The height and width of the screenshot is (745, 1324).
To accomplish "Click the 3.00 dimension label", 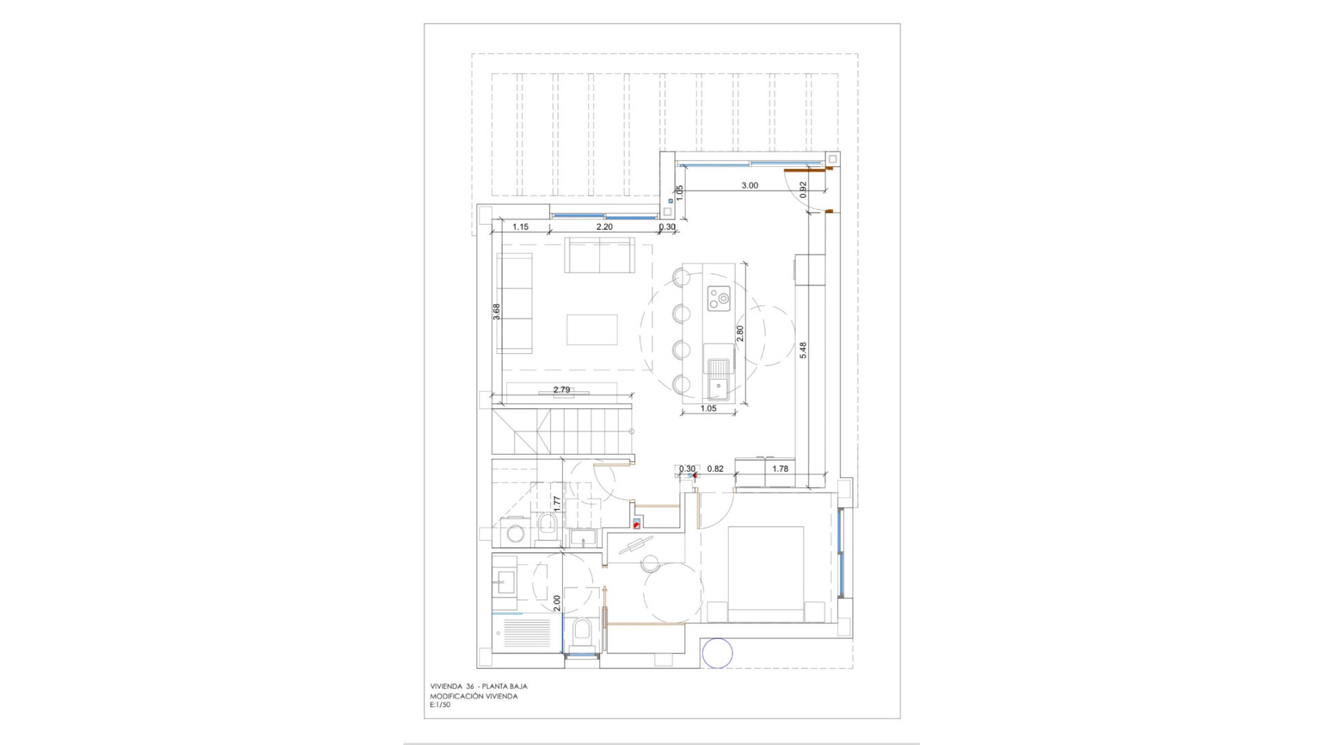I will (750, 186).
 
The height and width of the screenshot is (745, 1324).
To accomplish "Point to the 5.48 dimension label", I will (803, 350).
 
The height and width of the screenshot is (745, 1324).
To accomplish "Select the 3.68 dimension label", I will (496, 312).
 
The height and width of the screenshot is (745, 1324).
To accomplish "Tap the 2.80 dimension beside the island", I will (740, 334).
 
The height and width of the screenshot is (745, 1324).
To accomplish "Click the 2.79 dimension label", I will (562, 390).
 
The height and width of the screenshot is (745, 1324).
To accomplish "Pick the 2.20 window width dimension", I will (604, 226).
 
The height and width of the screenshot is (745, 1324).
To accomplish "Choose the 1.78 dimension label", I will (780, 469).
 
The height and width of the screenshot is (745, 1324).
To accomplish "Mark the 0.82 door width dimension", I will (716, 469).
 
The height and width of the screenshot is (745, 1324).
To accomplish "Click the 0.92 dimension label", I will (803, 190).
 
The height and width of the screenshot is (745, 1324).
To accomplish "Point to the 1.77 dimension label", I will (557, 504).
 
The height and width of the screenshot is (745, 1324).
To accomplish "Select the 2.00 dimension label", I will (557, 604).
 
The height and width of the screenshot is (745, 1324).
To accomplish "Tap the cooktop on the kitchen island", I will (718, 299).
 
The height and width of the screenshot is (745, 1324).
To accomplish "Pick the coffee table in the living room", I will (592, 329).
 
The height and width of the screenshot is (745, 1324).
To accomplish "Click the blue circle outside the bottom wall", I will (717, 653).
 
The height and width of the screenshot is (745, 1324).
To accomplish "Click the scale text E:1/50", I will (440, 705).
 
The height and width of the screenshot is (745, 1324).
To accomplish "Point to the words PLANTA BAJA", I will (505, 686).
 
